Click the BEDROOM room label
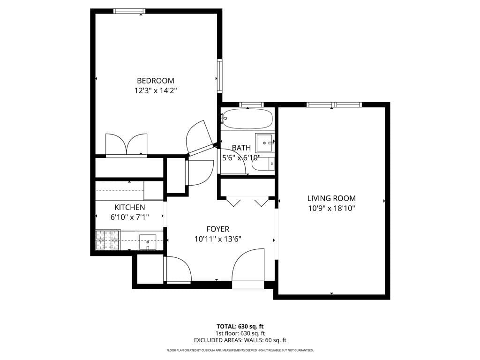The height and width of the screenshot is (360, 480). [x=155, y=81]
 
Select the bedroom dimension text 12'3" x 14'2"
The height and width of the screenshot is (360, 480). [x=155, y=90]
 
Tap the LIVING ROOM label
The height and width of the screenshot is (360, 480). [x=331, y=198]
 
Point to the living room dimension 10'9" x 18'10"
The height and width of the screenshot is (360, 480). [x=331, y=208]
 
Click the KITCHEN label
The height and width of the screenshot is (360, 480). [x=129, y=207]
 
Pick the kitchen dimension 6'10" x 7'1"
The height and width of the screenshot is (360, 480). [x=129, y=217]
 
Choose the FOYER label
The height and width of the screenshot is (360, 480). [x=218, y=229]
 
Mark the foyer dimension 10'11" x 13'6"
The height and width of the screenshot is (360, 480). [x=218, y=239]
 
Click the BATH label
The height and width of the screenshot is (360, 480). [x=241, y=148]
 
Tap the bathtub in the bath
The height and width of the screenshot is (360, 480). [x=247, y=119]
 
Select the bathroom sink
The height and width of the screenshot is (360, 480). [x=265, y=142]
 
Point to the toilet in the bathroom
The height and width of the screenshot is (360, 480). [x=262, y=164]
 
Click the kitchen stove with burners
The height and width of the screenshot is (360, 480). [x=108, y=240]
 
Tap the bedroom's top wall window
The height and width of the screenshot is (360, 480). [x=129, y=11]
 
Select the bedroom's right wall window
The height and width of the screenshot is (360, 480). [x=219, y=75]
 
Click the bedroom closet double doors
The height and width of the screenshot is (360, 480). [x=127, y=145]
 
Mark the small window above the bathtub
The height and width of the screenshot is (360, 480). [x=251, y=105]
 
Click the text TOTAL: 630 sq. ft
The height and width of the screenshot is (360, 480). [x=240, y=326]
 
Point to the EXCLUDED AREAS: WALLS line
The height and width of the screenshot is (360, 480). [x=240, y=340]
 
